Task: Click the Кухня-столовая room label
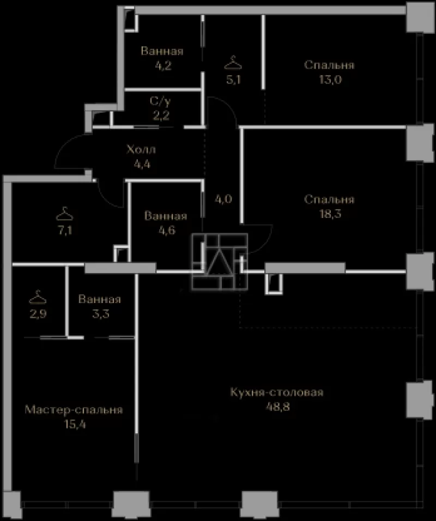276,392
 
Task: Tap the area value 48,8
278,407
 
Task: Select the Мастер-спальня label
74,410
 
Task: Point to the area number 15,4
75,425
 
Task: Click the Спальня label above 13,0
329,65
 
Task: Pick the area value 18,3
330,214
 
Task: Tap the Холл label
141,149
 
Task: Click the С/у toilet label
161,101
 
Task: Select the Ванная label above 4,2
162,51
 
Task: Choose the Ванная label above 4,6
166,216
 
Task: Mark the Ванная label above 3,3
99,299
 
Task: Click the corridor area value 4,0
223,199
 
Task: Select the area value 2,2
161,116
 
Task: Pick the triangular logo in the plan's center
219,261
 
